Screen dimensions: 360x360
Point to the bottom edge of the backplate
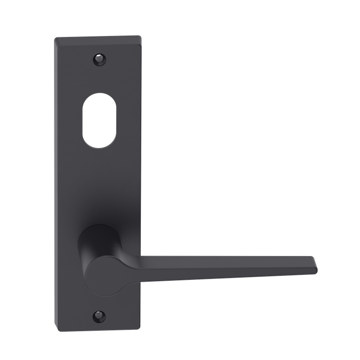pyautogui.click(x=99, y=329)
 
